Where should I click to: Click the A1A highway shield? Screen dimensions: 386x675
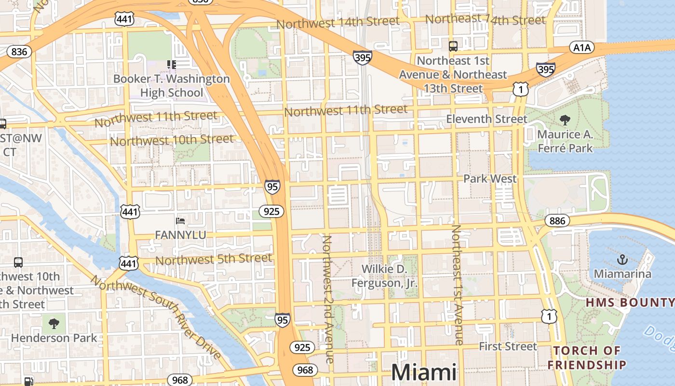(582, 47)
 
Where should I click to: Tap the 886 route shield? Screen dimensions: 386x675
(557, 221)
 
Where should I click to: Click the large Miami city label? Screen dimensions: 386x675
(424, 372)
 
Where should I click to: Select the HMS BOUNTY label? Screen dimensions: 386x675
(630, 303)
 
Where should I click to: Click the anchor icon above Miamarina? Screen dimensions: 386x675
(622, 260)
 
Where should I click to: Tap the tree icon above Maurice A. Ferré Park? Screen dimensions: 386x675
(565, 120)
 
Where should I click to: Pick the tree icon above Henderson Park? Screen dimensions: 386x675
(54, 322)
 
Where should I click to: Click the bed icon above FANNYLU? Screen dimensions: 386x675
(180, 221)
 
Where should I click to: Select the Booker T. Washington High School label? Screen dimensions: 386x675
(172, 85)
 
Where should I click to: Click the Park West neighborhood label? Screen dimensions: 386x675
(489, 179)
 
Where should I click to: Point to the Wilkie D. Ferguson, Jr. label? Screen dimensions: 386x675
(384, 276)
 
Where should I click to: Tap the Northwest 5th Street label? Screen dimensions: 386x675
(214, 260)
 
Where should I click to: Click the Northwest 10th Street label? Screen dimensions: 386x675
(172, 140)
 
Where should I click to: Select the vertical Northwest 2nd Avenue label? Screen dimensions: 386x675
(328, 299)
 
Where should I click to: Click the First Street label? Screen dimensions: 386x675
(508, 346)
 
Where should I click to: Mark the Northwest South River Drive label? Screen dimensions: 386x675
(155, 317)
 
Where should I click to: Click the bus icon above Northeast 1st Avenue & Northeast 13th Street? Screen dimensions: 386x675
(453, 46)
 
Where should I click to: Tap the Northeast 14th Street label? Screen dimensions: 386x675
(486, 20)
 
